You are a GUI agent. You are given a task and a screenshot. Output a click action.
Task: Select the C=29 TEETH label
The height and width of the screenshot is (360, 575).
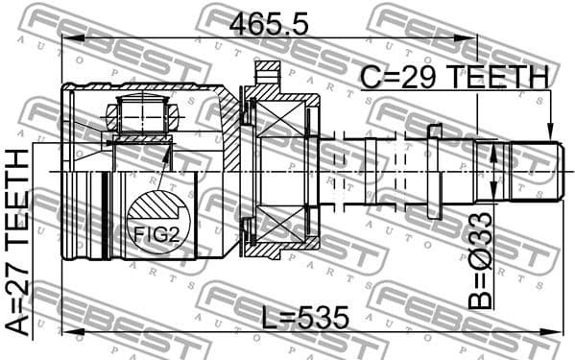coord(454,77)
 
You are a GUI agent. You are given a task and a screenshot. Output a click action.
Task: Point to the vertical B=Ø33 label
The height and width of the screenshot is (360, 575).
coord(480,261)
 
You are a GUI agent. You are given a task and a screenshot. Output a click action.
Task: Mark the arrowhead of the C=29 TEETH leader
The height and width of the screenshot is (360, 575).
coord(551,137)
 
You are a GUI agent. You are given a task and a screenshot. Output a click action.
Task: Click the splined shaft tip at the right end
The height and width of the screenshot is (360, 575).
coord(533,171)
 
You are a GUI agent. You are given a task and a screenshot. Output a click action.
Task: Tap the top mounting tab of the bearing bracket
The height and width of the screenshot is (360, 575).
coord(267,71)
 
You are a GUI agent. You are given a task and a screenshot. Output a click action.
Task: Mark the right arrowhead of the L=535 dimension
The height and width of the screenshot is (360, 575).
coord(556,332)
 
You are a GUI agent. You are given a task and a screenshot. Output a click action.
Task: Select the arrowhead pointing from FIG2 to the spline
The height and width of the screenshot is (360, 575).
coord(169,152)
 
